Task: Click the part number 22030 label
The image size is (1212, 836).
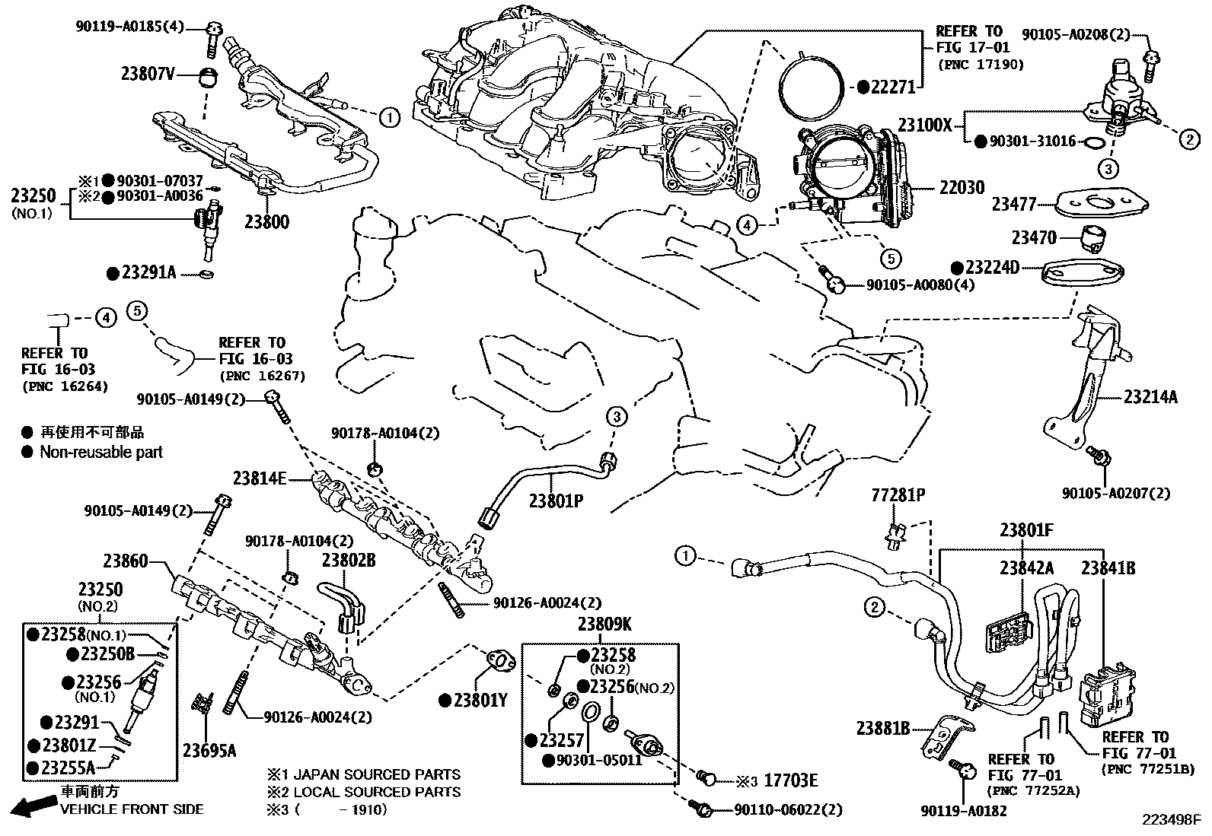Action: pyautogui.click(x=962, y=188)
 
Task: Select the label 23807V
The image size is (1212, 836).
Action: pyautogui.click(x=148, y=74)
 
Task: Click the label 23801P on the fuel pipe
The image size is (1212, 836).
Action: pyautogui.click(x=556, y=501)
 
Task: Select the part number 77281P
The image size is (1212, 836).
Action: pyautogui.click(x=898, y=495)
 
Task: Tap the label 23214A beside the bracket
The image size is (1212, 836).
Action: pyautogui.click(x=1150, y=396)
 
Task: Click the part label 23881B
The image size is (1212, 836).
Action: pyautogui.click(x=883, y=729)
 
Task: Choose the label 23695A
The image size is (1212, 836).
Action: pyautogui.click(x=209, y=752)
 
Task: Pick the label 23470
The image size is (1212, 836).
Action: pyautogui.click(x=1034, y=238)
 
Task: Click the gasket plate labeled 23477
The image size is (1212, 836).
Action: pyautogui.click(x=1102, y=202)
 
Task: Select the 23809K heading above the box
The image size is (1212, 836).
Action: pyautogui.click(x=604, y=625)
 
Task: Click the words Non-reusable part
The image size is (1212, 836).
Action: pyautogui.click(x=101, y=453)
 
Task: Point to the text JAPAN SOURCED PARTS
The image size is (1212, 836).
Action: pyautogui.click(x=373, y=774)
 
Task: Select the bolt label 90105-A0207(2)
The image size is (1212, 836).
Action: pyautogui.click(x=1116, y=494)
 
